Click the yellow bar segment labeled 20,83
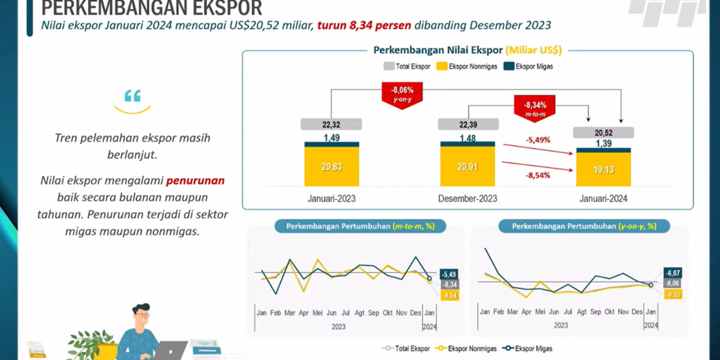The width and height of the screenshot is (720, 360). click(x=332, y=167)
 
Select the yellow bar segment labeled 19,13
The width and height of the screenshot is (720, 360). click(x=603, y=170)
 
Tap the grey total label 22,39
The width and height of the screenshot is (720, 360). click(x=468, y=124)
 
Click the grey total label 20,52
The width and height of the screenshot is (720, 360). click(x=603, y=133)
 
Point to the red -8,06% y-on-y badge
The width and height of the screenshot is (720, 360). click(x=402, y=95)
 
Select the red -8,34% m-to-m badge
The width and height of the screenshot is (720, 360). click(x=534, y=109)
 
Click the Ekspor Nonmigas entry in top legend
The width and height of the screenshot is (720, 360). click(x=467, y=66)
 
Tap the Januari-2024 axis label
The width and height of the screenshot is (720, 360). click(x=603, y=198)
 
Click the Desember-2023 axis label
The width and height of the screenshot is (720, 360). click(x=467, y=198)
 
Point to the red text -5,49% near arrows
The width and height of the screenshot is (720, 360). click(x=538, y=140)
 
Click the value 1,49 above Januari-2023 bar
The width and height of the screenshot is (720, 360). click(x=332, y=138)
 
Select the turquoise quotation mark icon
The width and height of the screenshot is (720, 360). click(x=133, y=97)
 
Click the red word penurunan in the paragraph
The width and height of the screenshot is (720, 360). click(x=195, y=181)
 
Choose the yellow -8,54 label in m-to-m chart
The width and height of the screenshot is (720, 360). click(x=450, y=296)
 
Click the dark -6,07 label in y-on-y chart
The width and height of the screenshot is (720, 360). click(x=673, y=273)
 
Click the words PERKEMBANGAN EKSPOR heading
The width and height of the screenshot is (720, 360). click(x=152, y=9)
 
